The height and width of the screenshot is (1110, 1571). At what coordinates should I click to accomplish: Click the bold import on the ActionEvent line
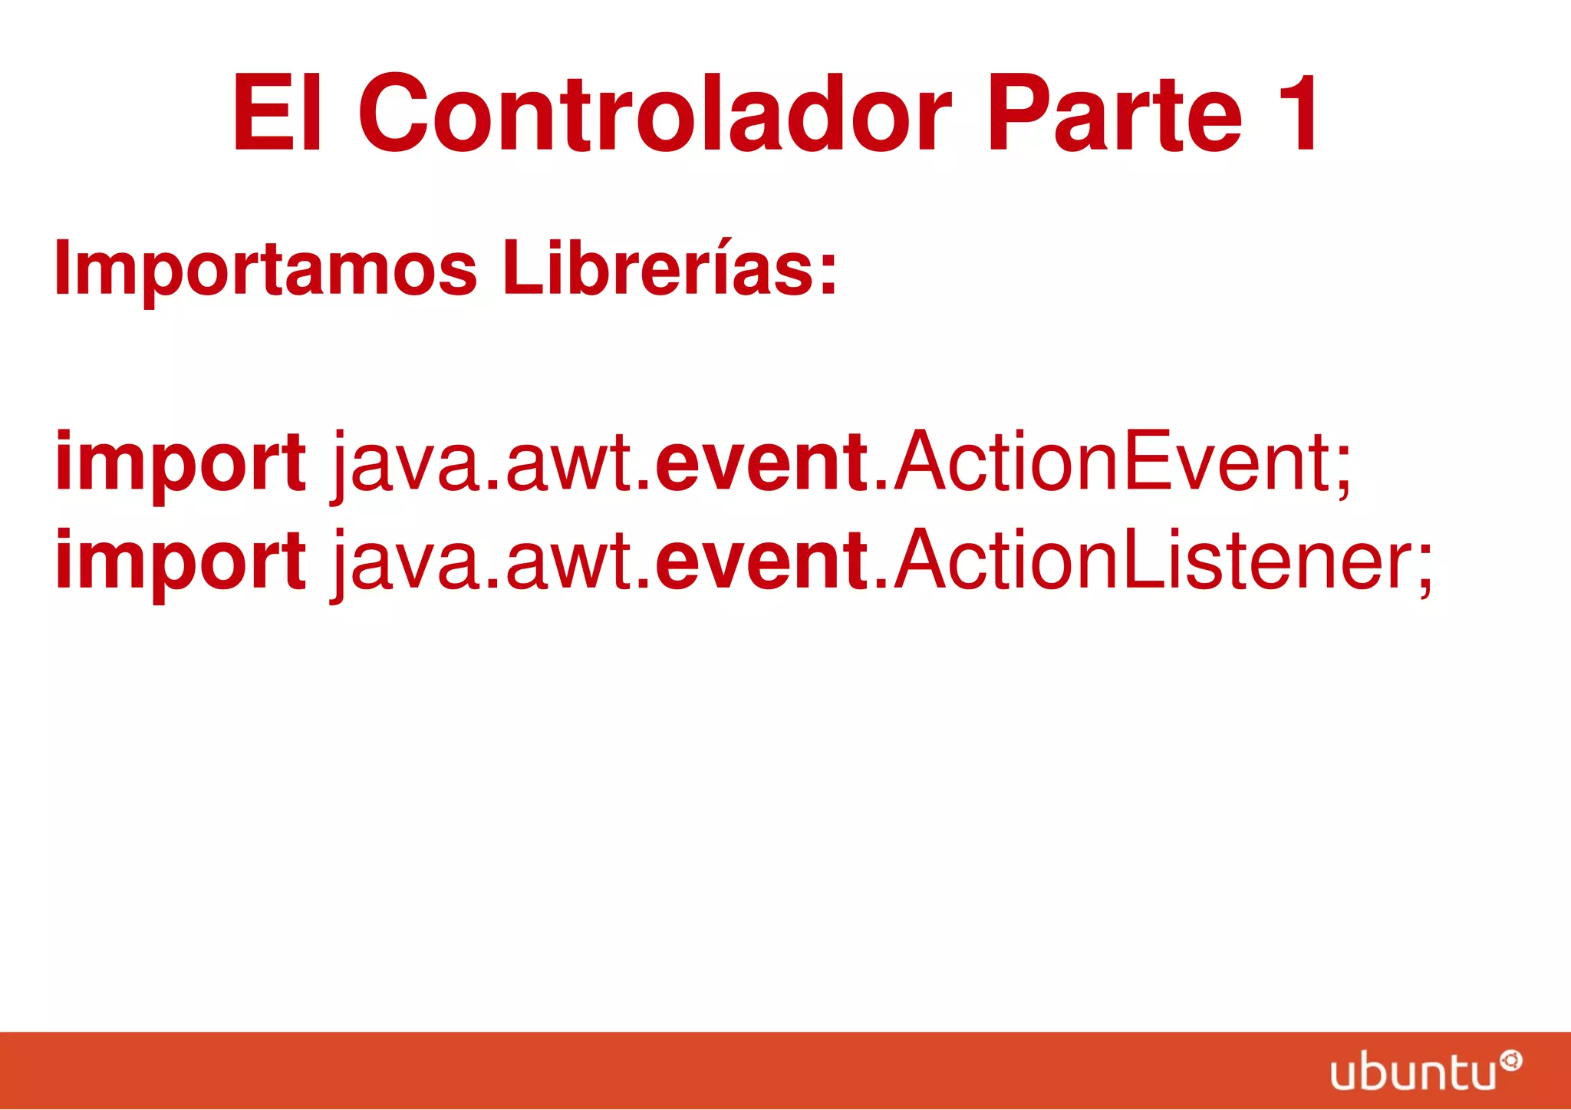coord(180,463)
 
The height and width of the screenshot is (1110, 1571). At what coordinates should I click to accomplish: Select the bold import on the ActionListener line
coord(180,562)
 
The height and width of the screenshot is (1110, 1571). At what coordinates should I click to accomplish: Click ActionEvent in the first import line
coord(1112,462)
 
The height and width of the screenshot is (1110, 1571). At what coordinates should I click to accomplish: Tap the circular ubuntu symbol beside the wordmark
coord(1510,1061)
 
